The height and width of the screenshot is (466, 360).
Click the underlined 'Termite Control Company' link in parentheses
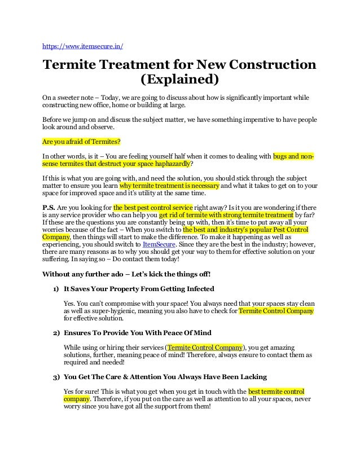coord(205,346)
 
